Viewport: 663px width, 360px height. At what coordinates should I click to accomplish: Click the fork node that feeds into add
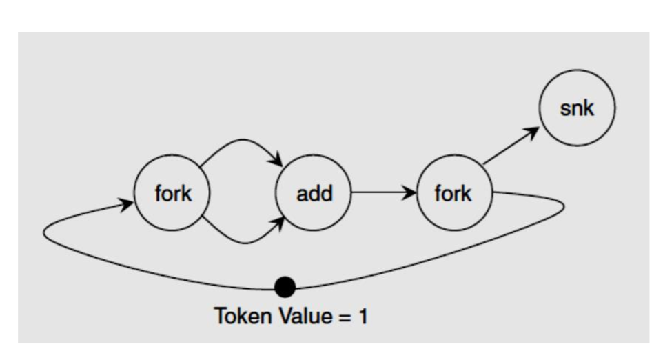[172, 193]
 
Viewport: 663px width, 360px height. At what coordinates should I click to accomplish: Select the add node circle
[314, 193]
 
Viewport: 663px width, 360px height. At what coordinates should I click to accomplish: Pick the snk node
[577, 108]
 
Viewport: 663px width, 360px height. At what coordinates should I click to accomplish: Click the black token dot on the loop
[285, 286]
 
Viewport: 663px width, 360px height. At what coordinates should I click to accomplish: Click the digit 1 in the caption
[362, 317]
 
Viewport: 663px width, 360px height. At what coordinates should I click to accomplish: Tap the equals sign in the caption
[343, 317]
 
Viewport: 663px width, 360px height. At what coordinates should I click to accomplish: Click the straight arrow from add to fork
[382, 193]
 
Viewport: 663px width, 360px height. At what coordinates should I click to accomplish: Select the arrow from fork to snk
[510, 146]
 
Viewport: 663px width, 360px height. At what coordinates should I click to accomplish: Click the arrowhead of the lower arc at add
[280, 223]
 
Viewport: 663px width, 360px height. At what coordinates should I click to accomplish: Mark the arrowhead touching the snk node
[532, 132]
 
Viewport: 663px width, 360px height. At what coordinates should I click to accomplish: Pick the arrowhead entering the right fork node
[411, 193]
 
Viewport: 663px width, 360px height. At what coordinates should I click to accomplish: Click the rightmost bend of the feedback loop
[564, 205]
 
